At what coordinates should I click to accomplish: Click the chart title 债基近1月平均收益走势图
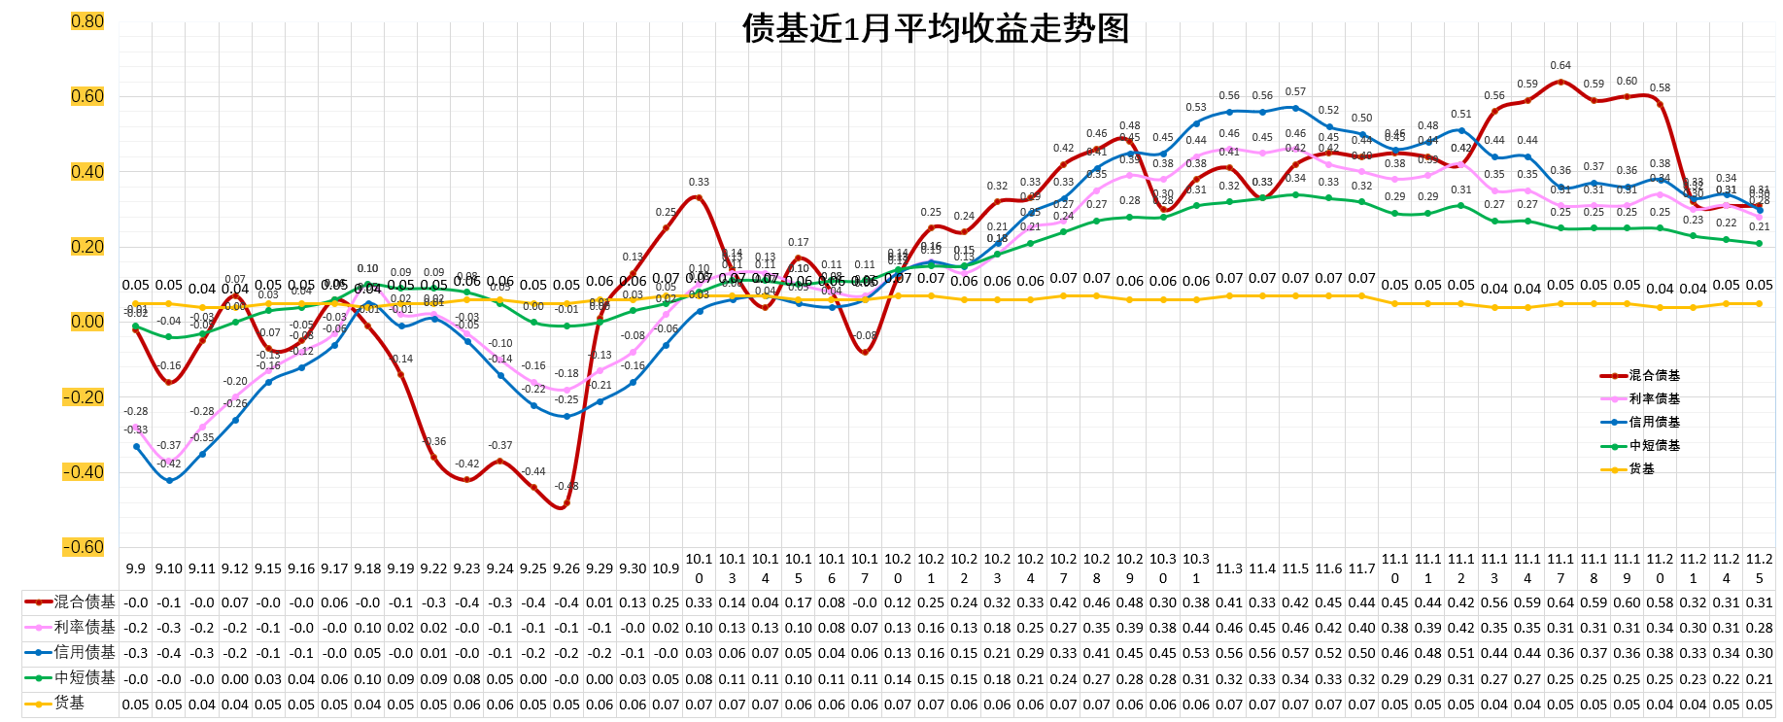pyautogui.click(x=935, y=28)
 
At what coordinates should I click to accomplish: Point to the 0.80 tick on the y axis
pyautogui.click(x=87, y=21)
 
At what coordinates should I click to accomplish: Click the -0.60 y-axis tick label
pyautogui.click(x=85, y=547)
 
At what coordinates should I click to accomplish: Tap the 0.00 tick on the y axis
pyautogui.click(x=87, y=322)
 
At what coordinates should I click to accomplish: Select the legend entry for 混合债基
pyautogui.click(x=1654, y=375)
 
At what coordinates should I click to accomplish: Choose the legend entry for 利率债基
pyautogui.click(x=1654, y=398)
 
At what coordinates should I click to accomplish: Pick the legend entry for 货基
pyautogui.click(x=1641, y=468)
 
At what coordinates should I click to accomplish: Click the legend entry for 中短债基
pyautogui.click(x=1654, y=445)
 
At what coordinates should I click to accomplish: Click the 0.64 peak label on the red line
pyautogui.click(x=1560, y=66)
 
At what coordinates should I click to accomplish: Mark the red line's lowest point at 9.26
pyautogui.click(x=566, y=503)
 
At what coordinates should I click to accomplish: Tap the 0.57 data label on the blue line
pyautogui.click(x=1295, y=92)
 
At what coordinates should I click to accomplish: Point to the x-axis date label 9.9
pyautogui.click(x=136, y=568)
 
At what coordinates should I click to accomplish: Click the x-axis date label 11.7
pyautogui.click(x=1361, y=568)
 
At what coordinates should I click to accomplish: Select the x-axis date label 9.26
pyautogui.click(x=566, y=568)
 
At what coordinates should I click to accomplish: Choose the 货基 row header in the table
pyautogui.click(x=69, y=703)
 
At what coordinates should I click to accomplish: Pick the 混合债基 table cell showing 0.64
pyautogui.click(x=1560, y=602)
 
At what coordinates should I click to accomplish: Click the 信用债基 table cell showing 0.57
pyautogui.click(x=1295, y=653)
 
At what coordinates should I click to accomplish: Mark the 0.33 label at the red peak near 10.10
pyautogui.click(x=699, y=182)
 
